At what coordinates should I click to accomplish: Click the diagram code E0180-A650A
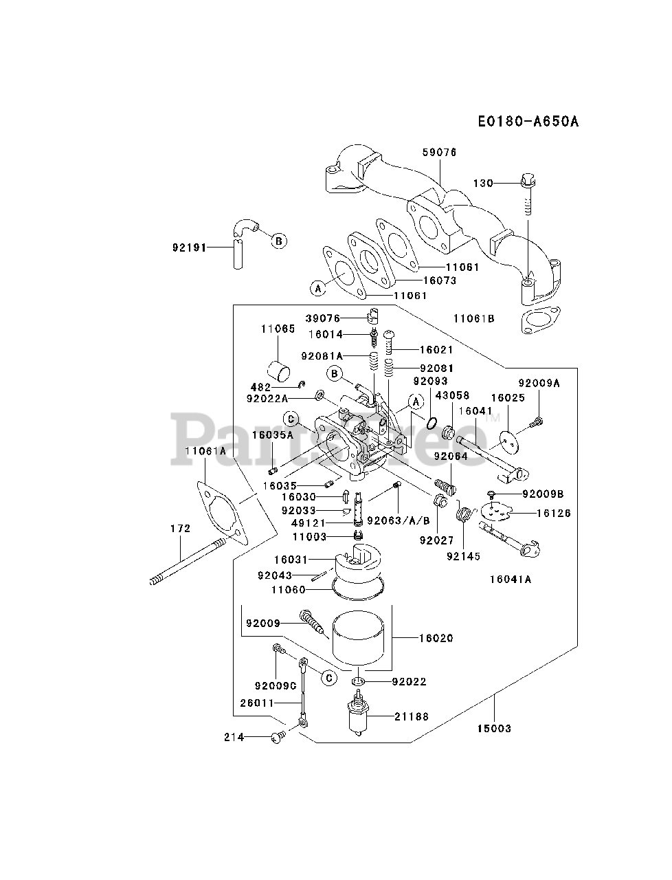[528, 121]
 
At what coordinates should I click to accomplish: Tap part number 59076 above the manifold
[439, 153]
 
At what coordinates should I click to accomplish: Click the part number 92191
[189, 247]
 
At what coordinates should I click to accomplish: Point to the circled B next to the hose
[279, 241]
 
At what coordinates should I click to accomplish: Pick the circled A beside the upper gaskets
[318, 288]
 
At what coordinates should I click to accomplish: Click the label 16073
[440, 280]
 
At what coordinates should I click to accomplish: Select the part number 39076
[322, 318]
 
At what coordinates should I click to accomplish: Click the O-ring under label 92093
[432, 423]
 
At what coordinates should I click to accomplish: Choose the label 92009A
[539, 383]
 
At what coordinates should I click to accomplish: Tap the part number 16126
[553, 513]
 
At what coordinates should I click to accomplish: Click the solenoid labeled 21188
[358, 714]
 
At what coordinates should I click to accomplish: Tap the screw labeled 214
[278, 737]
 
